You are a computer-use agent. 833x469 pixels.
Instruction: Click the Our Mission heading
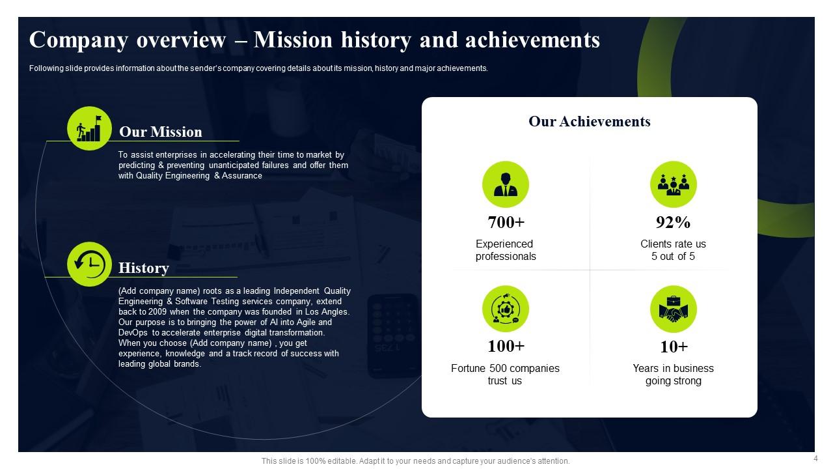(x=160, y=132)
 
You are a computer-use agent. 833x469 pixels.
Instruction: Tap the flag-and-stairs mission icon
(x=90, y=128)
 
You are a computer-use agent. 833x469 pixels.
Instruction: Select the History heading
(x=143, y=268)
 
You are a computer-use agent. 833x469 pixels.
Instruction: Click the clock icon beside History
(x=90, y=264)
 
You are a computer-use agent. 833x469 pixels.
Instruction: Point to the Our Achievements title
(x=589, y=121)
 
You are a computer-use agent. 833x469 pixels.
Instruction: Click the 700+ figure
(x=506, y=222)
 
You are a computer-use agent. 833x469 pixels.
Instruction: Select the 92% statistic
(x=673, y=222)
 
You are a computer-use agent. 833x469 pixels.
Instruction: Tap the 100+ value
(x=506, y=346)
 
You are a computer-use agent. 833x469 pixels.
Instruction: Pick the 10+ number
(x=673, y=346)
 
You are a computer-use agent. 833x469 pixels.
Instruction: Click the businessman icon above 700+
(x=506, y=184)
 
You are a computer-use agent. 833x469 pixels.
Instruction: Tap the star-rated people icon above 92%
(x=673, y=184)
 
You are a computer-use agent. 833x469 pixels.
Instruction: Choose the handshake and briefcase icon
(x=673, y=309)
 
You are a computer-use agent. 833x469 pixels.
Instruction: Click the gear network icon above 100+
(x=506, y=309)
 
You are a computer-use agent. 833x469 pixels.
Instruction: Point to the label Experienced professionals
(x=505, y=250)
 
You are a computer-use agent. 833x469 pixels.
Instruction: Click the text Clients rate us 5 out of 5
(x=673, y=250)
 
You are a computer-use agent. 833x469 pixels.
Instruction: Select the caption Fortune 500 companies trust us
(x=505, y=375)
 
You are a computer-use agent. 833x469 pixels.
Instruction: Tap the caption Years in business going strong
(x=673, y=375)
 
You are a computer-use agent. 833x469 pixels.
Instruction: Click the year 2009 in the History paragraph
(x=167, y=312)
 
